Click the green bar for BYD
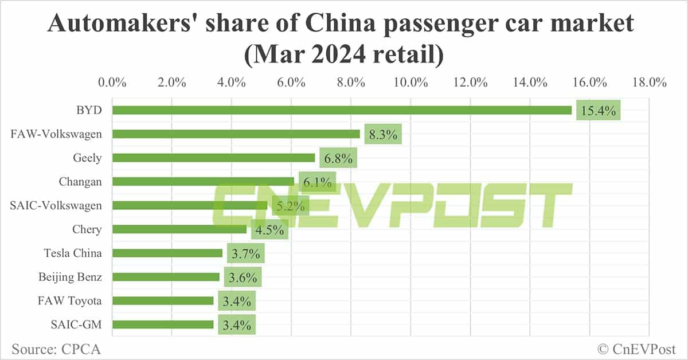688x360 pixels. click(342, 110)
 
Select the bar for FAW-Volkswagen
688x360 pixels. click(236, 134)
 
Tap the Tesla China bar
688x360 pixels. click(167, 253)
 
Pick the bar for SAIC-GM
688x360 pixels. click(163, 324)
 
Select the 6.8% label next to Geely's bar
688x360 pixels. click(338, 158)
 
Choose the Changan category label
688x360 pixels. click(80, 182)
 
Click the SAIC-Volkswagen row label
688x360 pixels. click(56, 205)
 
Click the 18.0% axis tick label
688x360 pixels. click(648, 82)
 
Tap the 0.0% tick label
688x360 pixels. click(112, 82)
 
